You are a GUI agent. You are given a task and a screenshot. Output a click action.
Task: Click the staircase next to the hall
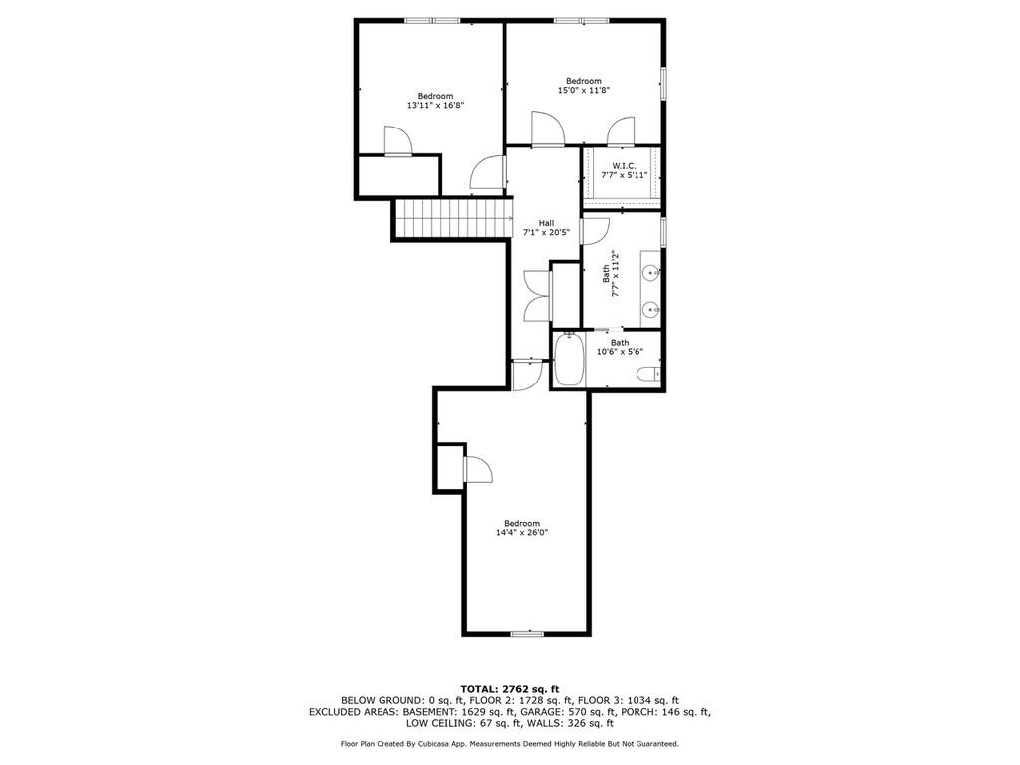453,217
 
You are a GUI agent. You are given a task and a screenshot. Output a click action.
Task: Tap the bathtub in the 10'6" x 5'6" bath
570,360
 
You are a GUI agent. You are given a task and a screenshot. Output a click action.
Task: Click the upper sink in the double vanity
651,271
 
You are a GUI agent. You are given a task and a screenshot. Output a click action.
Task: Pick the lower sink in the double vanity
651,309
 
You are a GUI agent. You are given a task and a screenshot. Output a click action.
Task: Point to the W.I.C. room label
624,165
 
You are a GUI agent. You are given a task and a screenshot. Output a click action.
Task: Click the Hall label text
546,223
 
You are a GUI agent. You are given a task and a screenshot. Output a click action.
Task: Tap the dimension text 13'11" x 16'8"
435,105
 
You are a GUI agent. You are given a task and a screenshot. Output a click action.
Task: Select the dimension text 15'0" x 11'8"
583,90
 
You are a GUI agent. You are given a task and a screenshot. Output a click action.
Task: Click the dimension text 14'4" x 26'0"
522,532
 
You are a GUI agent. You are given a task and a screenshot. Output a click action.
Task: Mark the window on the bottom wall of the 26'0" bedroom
526,634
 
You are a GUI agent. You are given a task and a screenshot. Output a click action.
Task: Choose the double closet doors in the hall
536,295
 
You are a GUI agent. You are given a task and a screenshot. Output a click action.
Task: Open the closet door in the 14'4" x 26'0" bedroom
476,468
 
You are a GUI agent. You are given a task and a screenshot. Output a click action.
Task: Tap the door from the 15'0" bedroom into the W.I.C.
621,131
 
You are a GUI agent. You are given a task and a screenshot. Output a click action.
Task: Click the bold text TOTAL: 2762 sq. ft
510,688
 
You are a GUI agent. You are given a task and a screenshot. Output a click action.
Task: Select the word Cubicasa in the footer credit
449,743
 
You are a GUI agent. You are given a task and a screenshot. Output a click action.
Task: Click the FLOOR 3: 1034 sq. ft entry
633,700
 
